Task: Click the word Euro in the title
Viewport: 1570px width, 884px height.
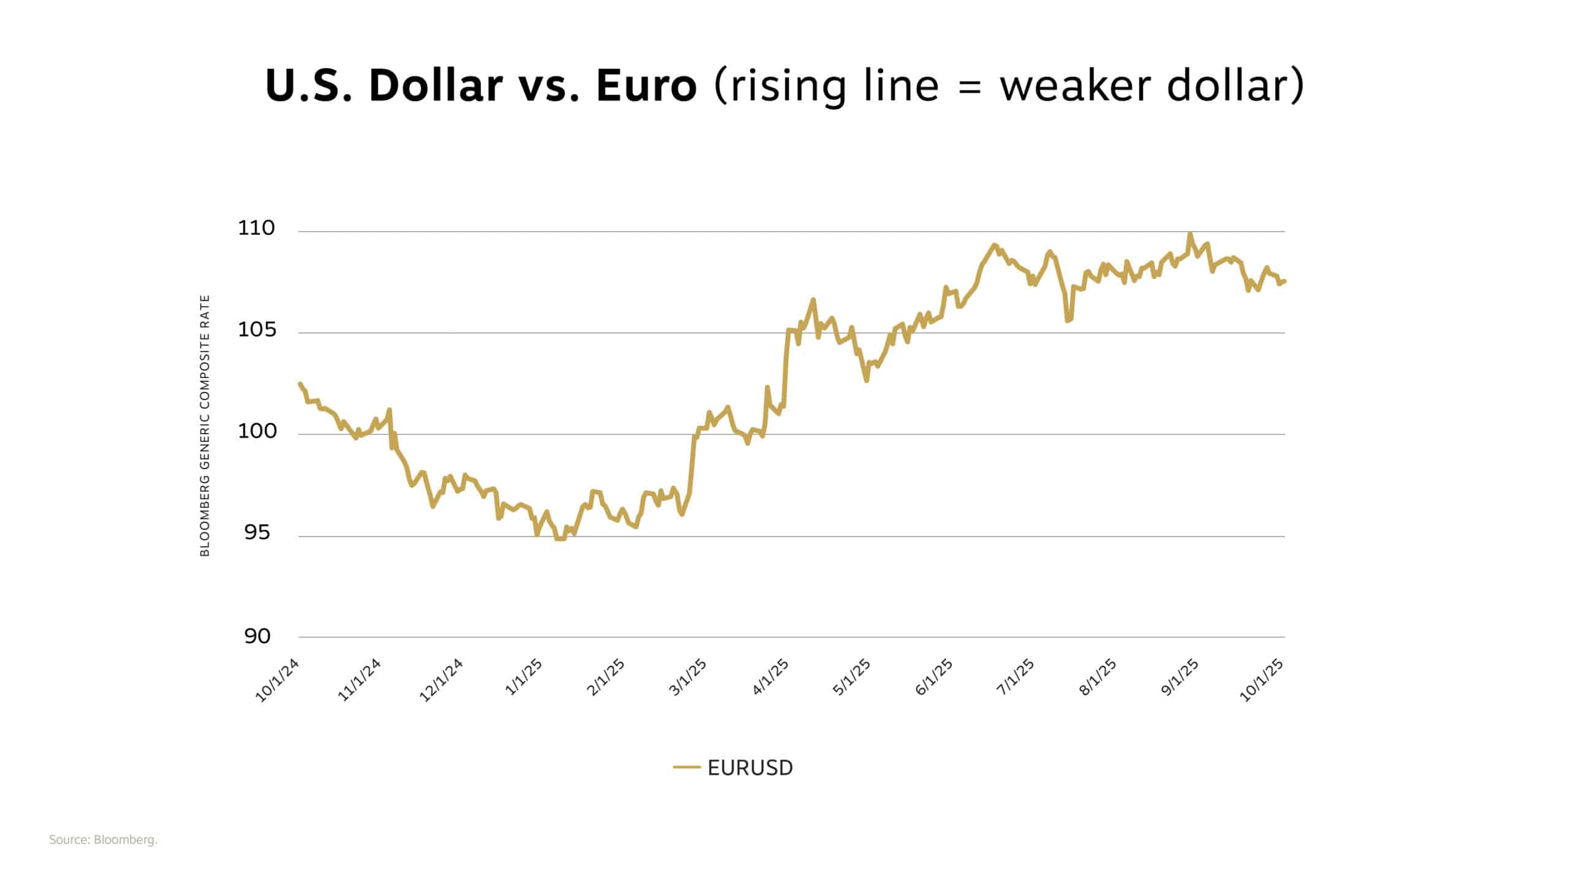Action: (646, 86)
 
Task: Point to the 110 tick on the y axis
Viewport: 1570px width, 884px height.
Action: (256, 228)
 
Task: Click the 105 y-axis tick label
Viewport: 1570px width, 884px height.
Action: (256, 330)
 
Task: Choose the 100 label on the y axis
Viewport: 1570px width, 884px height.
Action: (256, 431)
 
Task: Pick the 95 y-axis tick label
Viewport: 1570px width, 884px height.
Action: (256, 532)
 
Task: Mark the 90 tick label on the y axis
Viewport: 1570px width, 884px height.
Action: (257, 636)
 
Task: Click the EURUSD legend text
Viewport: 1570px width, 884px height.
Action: (750, 767)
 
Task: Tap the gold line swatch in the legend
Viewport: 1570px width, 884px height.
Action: (686, 767)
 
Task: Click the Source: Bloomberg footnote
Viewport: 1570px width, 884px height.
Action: (103, 840)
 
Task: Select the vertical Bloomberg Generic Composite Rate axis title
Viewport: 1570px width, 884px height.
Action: (205, 426)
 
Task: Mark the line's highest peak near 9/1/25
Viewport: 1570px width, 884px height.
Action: (1190, 234)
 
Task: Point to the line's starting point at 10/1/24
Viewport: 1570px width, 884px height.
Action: (300, 384)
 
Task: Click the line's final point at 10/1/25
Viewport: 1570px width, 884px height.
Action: (1284, 281)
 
